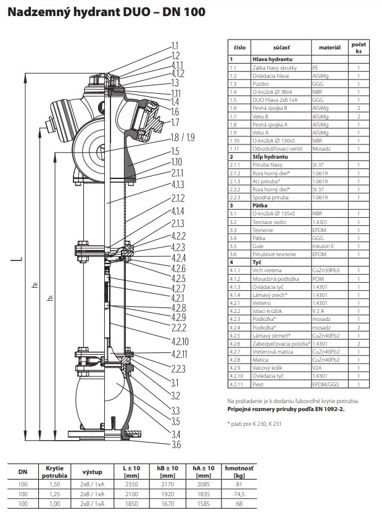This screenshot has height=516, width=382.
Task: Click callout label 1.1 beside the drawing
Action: (175, 46)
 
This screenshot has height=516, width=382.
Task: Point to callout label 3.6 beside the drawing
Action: (176, 444)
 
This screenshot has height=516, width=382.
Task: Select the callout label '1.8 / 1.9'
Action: (182, 137)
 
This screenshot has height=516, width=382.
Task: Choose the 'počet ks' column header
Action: (358, 47)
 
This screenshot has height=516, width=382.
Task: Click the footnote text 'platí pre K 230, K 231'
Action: (264, 423)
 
